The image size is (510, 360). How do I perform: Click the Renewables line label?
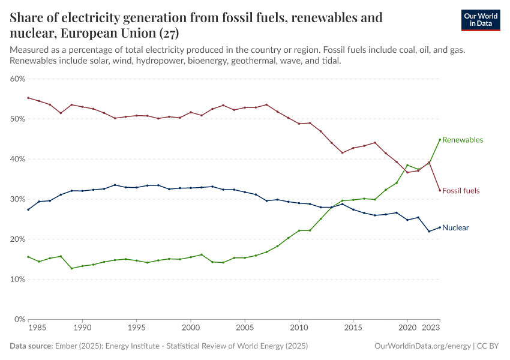[x=463, y=140]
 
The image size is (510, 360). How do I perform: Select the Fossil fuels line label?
[x=461, y=191]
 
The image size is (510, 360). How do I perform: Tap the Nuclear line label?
[x=455, y=228]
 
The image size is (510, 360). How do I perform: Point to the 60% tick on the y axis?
[x=17, y=79]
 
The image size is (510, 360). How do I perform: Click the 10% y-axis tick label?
[x=17, y=280]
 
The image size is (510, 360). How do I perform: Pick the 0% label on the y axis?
[x=19, y=320]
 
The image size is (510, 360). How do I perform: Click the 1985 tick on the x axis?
[x=36, y=329]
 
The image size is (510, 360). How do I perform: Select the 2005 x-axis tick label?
[x=244, y=329]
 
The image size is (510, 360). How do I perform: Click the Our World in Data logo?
[x=480, y=20]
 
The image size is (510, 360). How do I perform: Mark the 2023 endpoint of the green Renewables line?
[x=440, y=140]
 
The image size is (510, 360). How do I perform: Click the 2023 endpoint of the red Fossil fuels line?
[x=440, y=191]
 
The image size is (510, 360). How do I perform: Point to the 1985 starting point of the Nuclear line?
[x=28, y=209]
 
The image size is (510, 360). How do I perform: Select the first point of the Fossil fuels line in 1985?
[x=28, y=98]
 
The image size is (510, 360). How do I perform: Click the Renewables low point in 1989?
[x=71, y=268]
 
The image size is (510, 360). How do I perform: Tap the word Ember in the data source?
[x=65, y=346]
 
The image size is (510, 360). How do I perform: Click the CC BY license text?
[x=490, y=346]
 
